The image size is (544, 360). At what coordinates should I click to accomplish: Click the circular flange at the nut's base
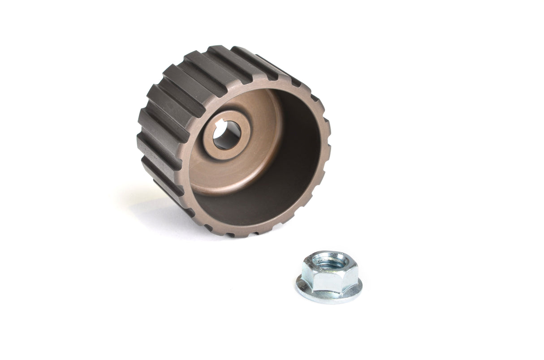pos(329,296)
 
